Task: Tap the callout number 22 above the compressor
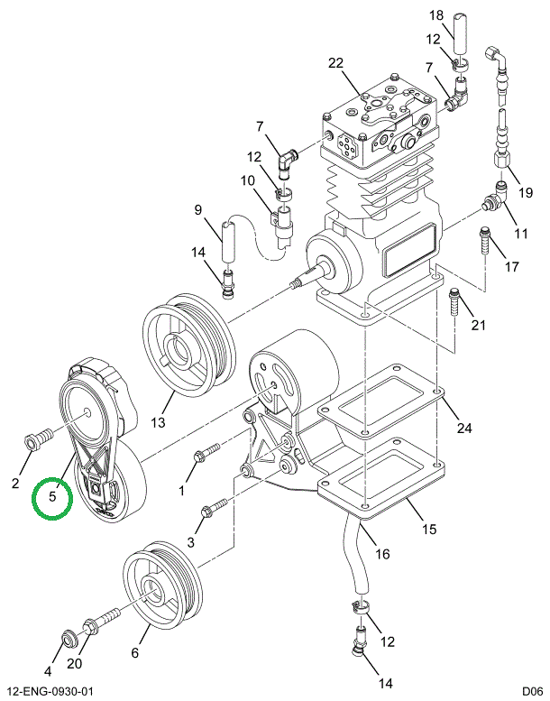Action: pyautogui.click(x=336, y=63)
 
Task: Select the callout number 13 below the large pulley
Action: pyautogui.click(x=159, y=423)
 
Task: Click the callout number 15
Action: pyautogui.click(x=429, y=529)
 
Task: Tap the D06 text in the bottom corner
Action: pyautogui.click(x=531, y=691)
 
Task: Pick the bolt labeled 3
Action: pyautogui.click(x=210, y=511)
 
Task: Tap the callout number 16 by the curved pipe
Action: pyautogui.click(x=382, y=554)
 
